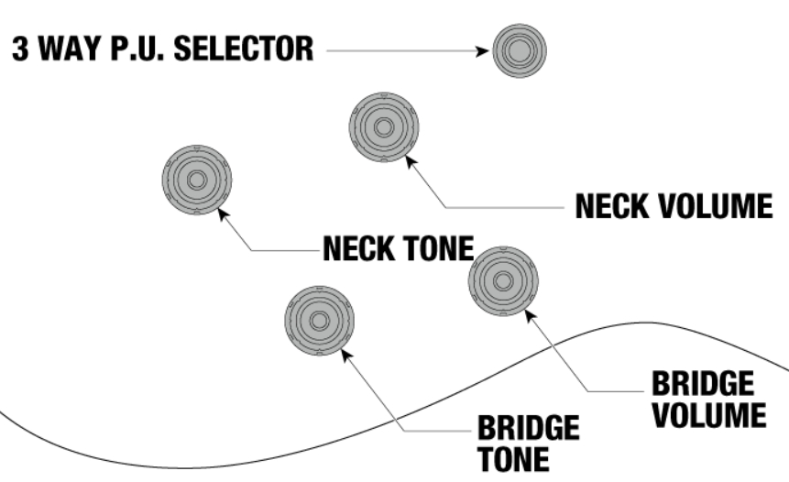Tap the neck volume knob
(383, 126)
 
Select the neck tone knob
(196, 180)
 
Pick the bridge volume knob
(503, 279)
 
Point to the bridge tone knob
(318, 321)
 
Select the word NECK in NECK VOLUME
(612, 207)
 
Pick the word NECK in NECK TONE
(359, 247)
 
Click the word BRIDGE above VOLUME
(703, 384)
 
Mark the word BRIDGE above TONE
(528, 428)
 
